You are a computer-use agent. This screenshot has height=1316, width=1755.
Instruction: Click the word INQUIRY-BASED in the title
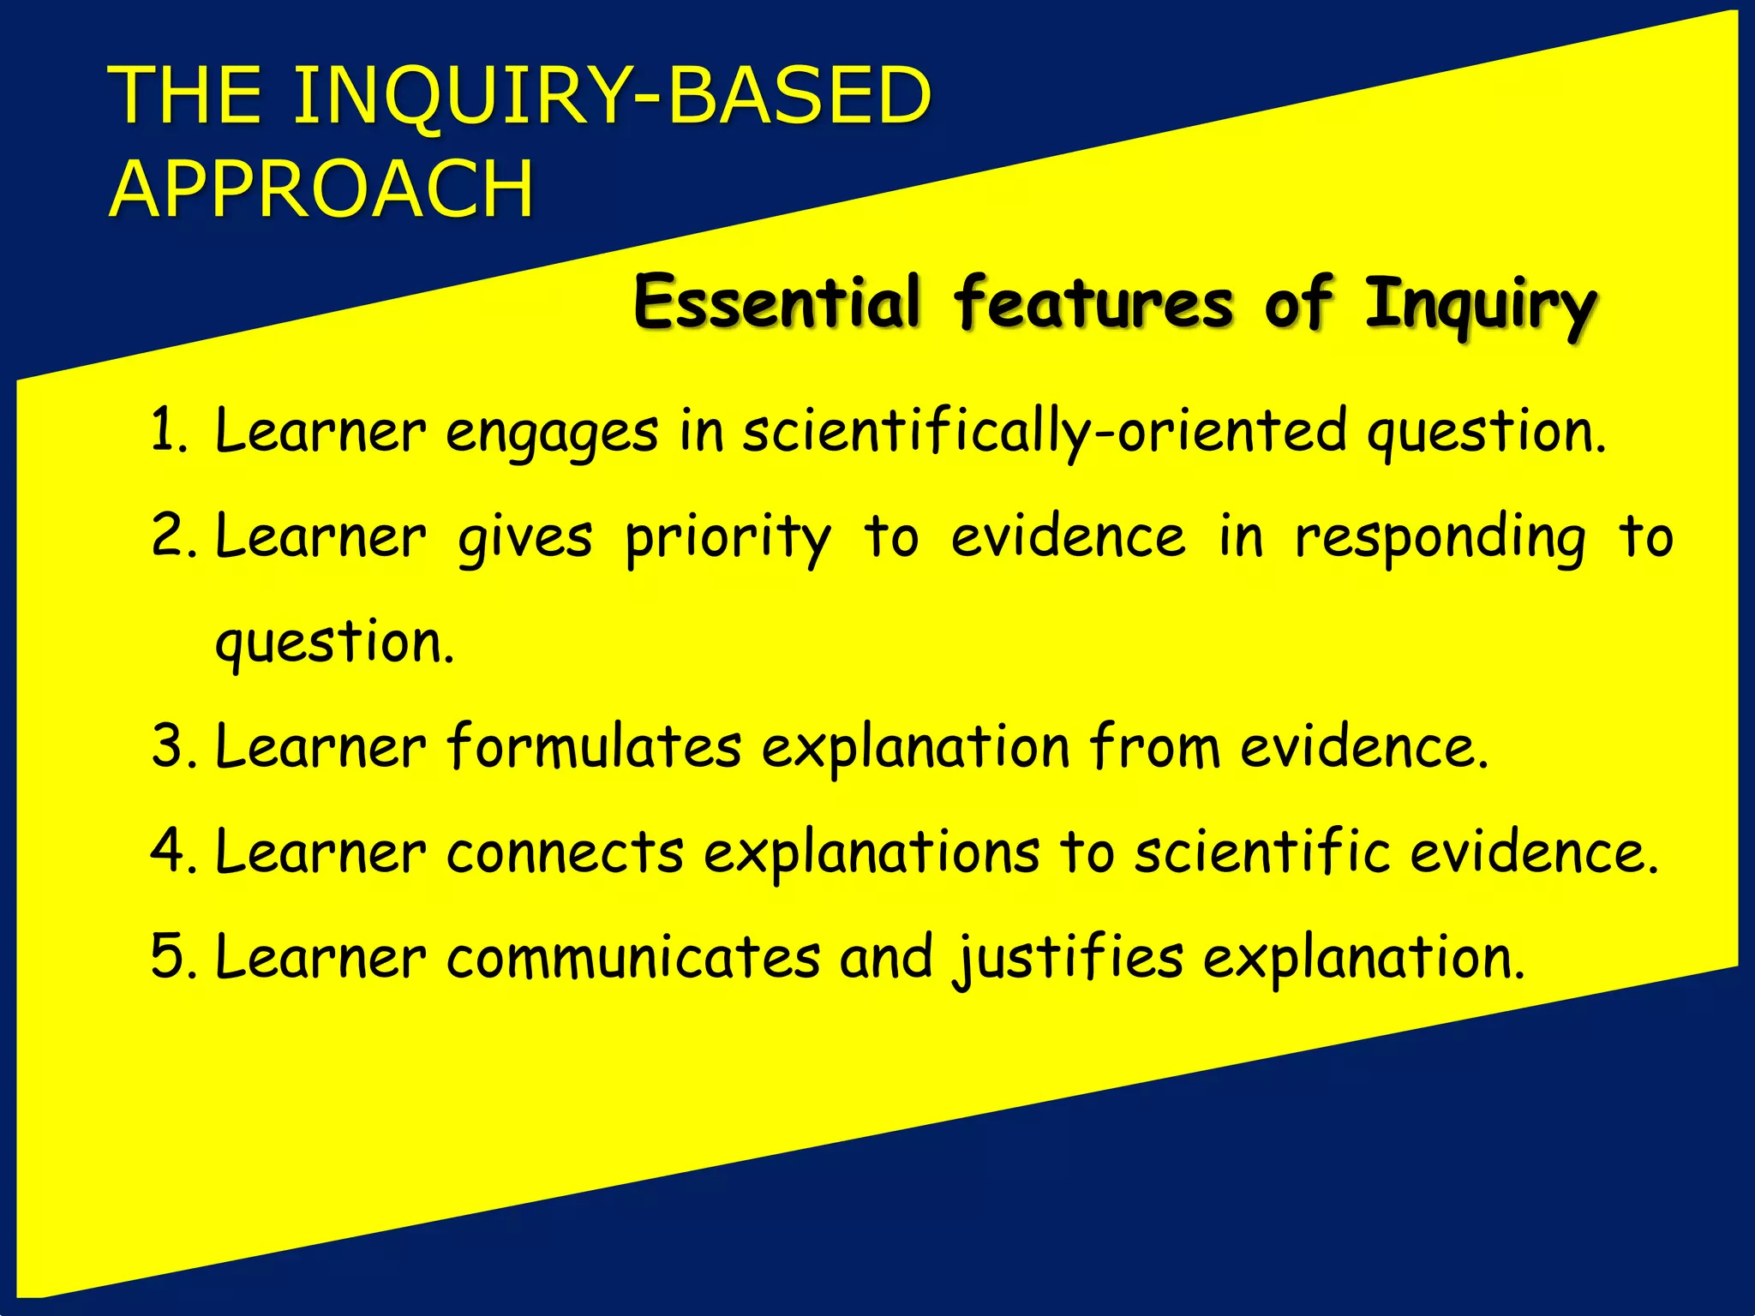click(612, 96)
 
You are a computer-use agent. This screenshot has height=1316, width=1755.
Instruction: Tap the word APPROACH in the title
click(322, 190)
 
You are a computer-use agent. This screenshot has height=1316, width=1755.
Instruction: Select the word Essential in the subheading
click(776, 302)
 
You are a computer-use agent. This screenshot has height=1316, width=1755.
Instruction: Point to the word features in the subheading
click(1093, 302)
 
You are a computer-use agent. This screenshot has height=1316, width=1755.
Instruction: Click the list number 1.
click(168, 431)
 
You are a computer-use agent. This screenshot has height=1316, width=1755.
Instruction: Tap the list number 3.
click(170, 746)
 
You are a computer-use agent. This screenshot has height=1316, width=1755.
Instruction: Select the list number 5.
click(170, 957)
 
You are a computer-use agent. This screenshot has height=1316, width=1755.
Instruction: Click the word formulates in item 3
click(593, 746)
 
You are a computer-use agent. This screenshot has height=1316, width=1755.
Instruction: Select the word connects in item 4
click(565, 852)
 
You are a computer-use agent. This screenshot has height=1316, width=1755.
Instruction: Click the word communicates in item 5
click(632, 957)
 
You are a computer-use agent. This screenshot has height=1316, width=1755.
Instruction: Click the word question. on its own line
click(334, 643)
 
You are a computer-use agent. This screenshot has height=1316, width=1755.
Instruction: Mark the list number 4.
click(170, 852)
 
